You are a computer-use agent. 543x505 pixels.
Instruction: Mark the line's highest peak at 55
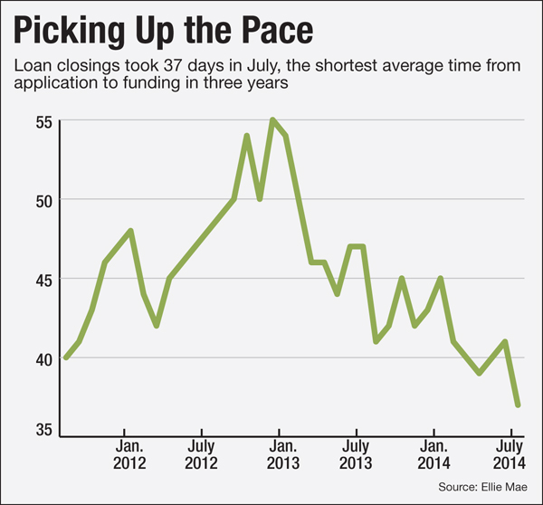(x=272, y=119)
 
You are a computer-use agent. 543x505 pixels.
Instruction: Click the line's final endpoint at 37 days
(x=518, y=405)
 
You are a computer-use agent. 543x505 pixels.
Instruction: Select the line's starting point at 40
(x=66, y=357)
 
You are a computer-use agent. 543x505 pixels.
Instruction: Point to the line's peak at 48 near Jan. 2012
(x=131, y=231)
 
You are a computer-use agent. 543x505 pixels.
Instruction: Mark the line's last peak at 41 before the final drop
(x=505, y=341)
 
